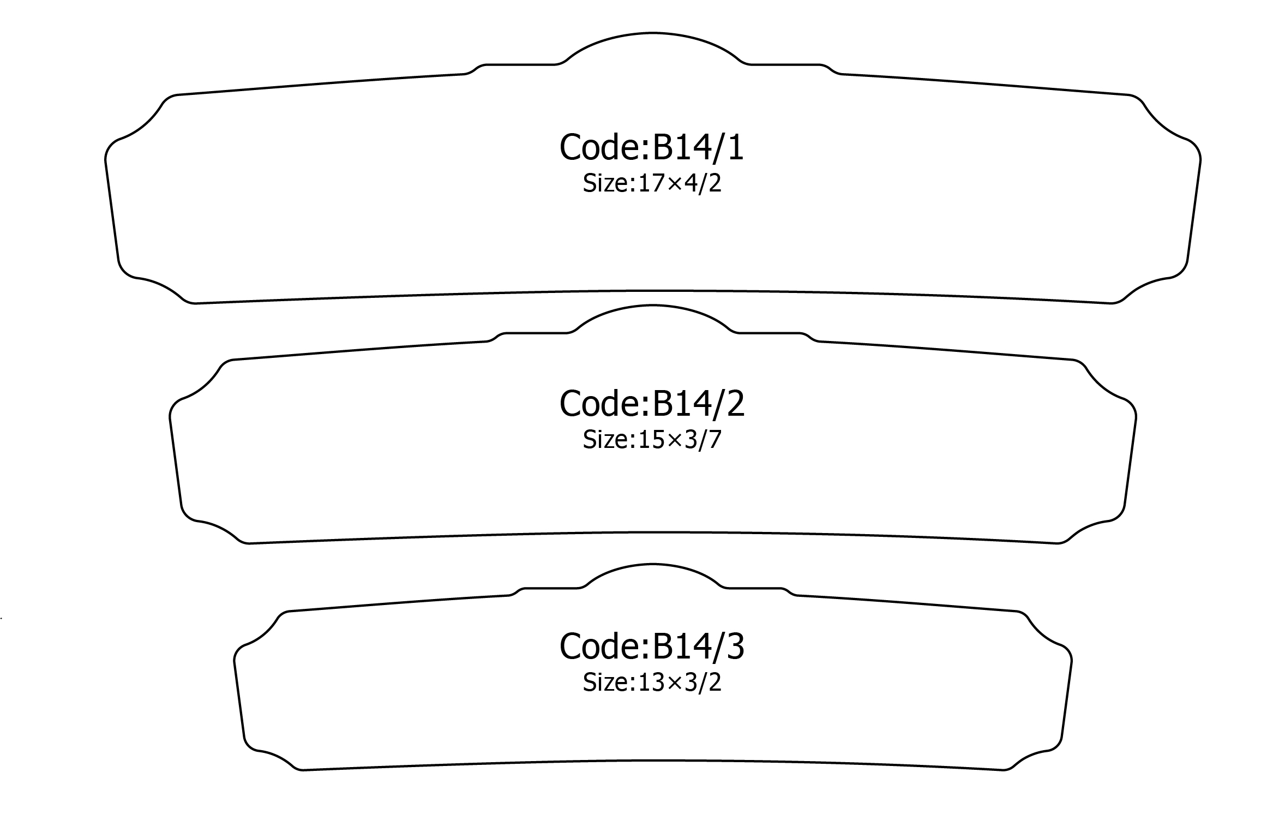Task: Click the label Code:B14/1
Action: click(x=652, y=147)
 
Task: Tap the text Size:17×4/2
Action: click(x=652, y=184)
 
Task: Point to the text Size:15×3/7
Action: click(x=652, y=440)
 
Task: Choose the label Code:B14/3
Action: click(x=652, y=646)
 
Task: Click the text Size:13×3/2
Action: click(x=652, y=683)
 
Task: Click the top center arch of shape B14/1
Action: click(x=653, y=34)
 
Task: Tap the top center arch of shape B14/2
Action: click(x=653, y=306)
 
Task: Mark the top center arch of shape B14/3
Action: click(x=653, y=564)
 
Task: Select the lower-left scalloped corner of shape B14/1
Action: click(x=158, y=286)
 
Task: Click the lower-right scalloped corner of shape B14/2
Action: click(x=1089, y=529)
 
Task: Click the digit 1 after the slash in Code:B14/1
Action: click(x=734, y=147)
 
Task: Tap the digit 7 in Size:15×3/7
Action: click(x=714, y=440)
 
